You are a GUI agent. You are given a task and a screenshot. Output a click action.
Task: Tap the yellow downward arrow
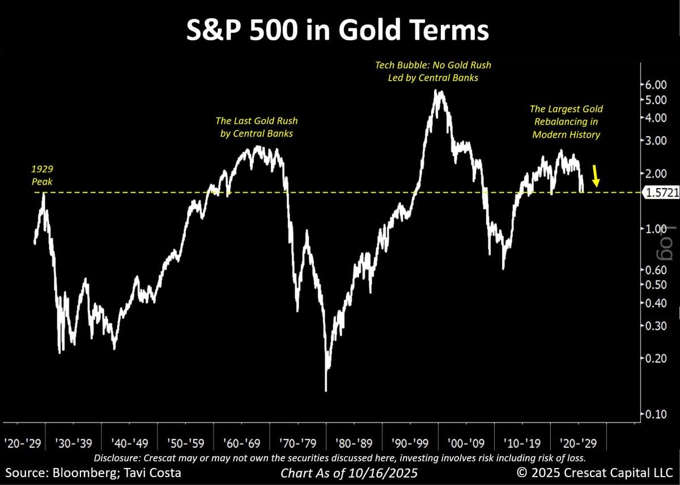(x=595, y=176)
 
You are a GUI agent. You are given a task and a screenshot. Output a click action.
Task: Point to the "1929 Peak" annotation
(x=42, y=176)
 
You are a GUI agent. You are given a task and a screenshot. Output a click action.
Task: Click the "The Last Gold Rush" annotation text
(x=256, y=121)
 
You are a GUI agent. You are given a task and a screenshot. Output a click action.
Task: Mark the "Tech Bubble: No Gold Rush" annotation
(x=433, y=65)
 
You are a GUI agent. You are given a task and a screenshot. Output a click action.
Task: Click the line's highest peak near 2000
(x=435, y=91)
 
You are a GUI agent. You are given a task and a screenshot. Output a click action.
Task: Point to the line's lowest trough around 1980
(x=326, y=390)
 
